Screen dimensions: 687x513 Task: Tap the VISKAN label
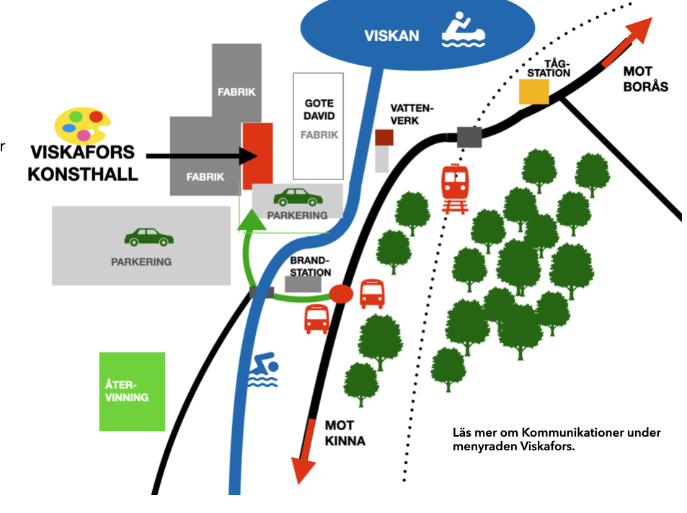point(391,36)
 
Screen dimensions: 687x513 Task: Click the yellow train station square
point(533,92)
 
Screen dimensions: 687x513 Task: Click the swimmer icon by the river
point(263,370)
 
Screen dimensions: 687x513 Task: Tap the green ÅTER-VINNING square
point(133,391)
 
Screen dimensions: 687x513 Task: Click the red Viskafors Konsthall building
point(257,156)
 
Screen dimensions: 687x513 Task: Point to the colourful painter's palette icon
point(82,125)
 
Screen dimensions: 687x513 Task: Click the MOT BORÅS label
point(645,79)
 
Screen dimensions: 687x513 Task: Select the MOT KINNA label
point(345,433)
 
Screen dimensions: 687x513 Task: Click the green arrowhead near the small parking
point(252,220)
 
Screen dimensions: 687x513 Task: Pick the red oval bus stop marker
point(341,294)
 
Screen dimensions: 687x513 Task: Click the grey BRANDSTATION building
point(303,285)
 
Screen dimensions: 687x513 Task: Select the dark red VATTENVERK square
point(384,138)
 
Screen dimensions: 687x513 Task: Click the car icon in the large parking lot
point(149,237)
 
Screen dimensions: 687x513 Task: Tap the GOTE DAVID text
point(319,110)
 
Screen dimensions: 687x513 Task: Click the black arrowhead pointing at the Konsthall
point(249,156)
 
